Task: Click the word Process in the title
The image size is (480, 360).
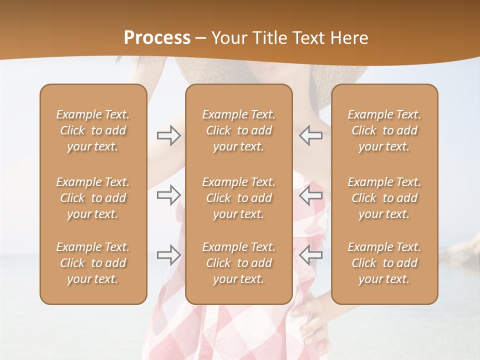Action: click(x=157, y=38)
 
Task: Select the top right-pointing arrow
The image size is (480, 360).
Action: click(x=168, y=135)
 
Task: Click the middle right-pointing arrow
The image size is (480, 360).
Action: click(x=168, y=195)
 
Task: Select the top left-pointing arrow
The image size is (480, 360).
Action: click(x=311, y=135)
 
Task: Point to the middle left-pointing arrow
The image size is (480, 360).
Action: click(x=311, y=195)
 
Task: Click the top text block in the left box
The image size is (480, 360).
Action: click(x=93, y=130)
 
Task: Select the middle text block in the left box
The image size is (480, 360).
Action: click(x=93, y=198)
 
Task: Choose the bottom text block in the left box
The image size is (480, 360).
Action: click(x=93, y=263)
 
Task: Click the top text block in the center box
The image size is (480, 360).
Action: click(x=238, y=130)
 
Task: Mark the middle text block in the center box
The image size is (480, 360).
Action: click(x=238, y=198)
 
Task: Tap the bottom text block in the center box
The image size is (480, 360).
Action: click(x=238, y=263)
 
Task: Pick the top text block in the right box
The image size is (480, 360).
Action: click(x=384, y=130)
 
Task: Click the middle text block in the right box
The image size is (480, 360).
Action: click(x=384, y=198)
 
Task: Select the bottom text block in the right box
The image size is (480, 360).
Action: click(x=384, y=263)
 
